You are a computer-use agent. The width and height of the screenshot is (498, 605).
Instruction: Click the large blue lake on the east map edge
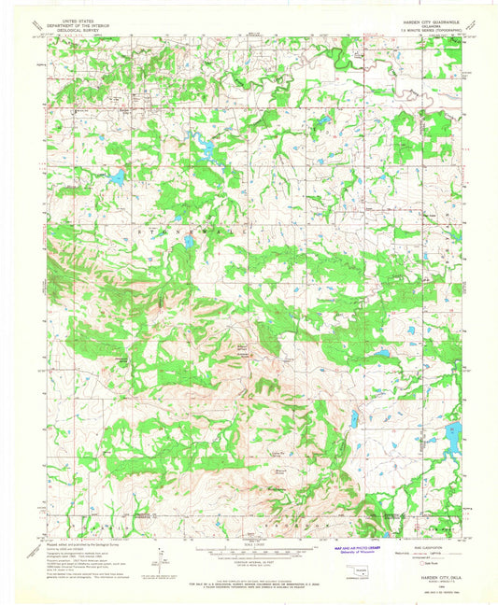(453, 437)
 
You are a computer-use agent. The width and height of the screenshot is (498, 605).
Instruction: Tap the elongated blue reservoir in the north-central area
(204, 141)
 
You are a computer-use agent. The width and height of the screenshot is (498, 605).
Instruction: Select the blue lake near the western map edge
(117, 176)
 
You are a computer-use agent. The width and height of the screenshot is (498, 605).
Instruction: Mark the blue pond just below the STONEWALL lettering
(189, 242)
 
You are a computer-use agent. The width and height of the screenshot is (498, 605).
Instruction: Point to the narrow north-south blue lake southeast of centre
(355, 419)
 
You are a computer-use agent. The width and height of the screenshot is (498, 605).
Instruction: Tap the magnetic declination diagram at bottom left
(155, 560)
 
